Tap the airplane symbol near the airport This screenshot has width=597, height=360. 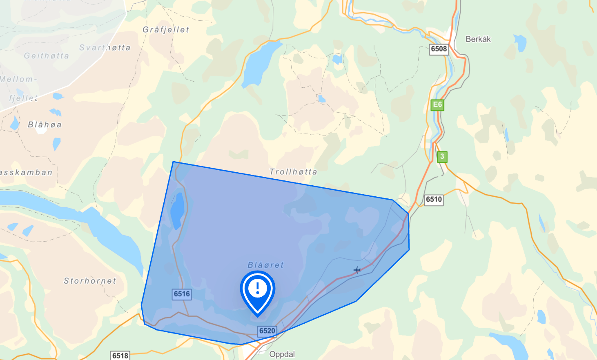[357, 270]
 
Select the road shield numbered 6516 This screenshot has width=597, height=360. [182, 294]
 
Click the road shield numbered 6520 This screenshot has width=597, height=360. [267, 331]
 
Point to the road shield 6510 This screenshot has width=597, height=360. [434, 199]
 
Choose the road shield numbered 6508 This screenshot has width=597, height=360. [439, 49]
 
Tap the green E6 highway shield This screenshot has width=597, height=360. [437, 105]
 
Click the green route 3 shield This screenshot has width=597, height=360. [442, 157]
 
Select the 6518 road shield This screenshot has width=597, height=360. [120, 356]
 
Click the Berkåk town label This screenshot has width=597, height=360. [478, 39]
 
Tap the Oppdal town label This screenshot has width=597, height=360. [282, 354]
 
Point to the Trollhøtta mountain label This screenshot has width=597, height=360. [293, 172]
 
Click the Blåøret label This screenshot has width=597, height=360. [265, 265]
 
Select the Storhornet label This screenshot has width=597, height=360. [90, 281]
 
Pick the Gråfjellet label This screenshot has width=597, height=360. [166, 29]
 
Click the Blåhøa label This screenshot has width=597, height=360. [45, 124]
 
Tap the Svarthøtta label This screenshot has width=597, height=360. [105, 48]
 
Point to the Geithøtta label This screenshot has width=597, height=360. [46, 56]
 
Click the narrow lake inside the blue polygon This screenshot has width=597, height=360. [177, 211]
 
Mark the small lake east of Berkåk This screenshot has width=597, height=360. [520, 42]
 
